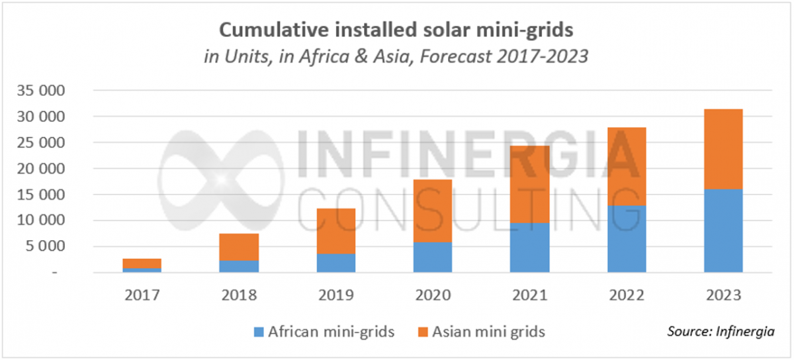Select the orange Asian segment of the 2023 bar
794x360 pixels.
(723, 149)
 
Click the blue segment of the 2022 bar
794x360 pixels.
(627, 239)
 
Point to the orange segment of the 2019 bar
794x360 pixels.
(336, 231)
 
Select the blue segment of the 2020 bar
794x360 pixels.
(433, 257)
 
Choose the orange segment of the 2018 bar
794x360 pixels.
(240, 247)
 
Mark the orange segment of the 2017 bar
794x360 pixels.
(142, 263)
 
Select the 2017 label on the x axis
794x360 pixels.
(142, 294)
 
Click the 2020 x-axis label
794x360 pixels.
(433, 294)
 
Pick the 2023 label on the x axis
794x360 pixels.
(723, 294)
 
